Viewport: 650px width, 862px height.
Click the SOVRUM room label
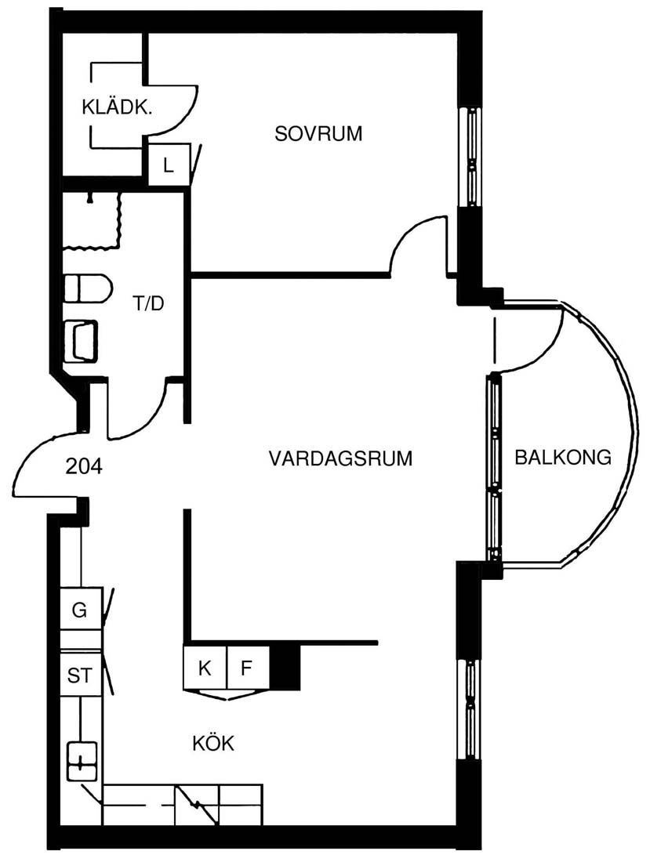[318, 133]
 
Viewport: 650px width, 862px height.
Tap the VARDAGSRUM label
[340, 458]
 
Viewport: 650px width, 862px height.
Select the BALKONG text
[562, 457]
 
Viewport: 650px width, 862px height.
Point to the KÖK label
[213, 743]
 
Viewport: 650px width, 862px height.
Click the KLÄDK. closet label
[117, 107]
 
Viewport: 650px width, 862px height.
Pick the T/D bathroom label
[148, 303]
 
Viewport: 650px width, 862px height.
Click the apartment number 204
[84, 466]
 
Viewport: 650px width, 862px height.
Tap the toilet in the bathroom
[88, 288]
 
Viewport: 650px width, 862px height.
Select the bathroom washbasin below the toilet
[81, 341]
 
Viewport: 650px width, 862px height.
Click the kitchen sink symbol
[82, 762]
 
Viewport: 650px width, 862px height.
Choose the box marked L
[169, 165]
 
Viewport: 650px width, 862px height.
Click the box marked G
[80, 610]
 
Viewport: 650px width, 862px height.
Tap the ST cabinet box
[80, 675]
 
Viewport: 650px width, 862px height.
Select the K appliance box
[205, 668]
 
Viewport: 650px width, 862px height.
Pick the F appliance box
[248, 668]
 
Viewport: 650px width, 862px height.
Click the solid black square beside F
[285, 667]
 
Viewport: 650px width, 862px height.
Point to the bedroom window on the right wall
[470, 156]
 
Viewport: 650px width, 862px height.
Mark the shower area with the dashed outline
[91, 220]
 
